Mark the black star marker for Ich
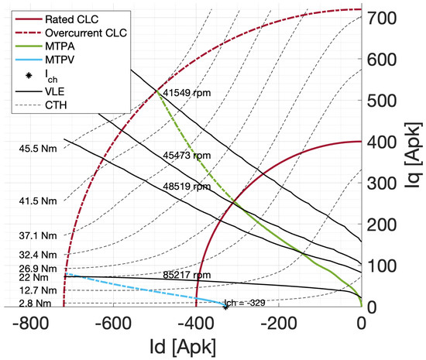[225, 307]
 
